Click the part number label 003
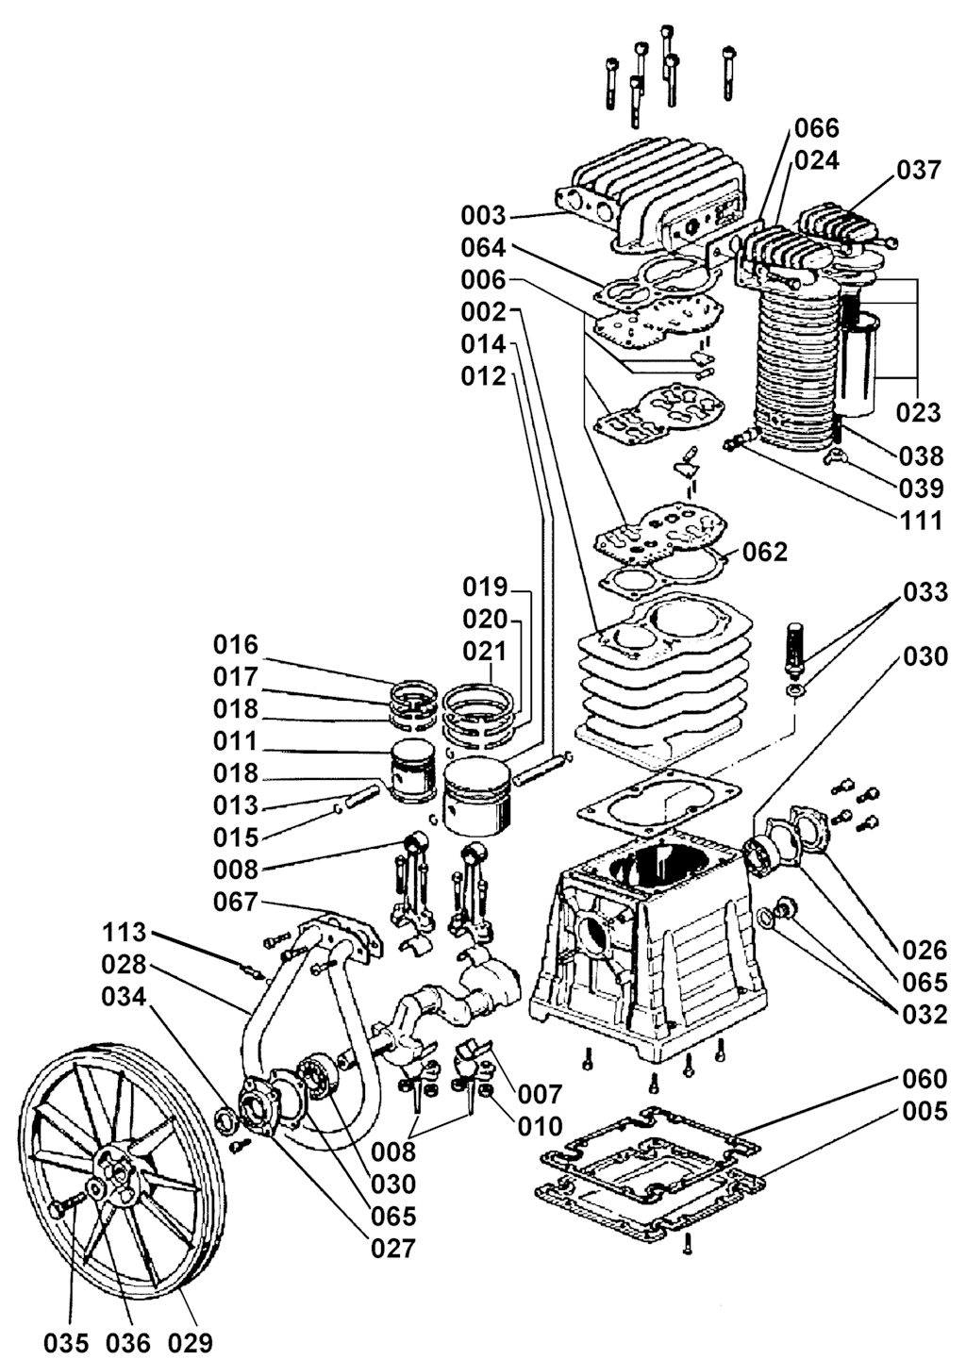pyautogui.click(x=483, y=215)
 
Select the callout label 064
pyautogui.click(x=483, y=248)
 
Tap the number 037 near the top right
pyautogui.click(x=918, y=170)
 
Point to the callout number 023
pyautogui.click(x=918, y=412)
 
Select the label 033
pyautogui.click(x=924, y=592)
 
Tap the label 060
pyautogui.click(x=924, y=1079)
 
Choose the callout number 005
pyautogui.click(x=924, y=1111)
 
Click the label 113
pyautogui.click(x=125, y=933)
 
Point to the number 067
pyautogui.click(x=236, y=902)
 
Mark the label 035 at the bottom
pyautogui.click(x=66, y=1342)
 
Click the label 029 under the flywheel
pyautogui.click(x=191, y=1342)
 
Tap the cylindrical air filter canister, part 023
pyautogui.click(x=857, y=368)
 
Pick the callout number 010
pyautogui.click(x=540, y=1126)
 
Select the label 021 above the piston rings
pyautogui.click(x=485, y=652)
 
